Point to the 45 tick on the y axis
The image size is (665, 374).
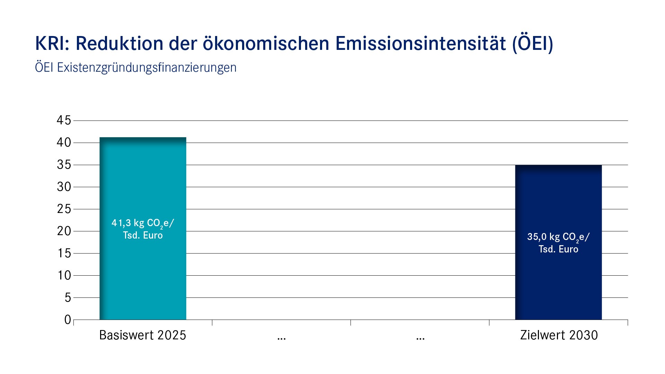click(64, 121)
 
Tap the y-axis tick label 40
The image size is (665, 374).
click(64, 143)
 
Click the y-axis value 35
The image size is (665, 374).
click(64, 165)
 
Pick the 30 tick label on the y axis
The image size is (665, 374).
click(64, 187)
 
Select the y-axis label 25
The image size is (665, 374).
click(64, 209)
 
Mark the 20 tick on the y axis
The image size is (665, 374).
click(64, 231)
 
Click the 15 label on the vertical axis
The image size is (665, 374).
click(64, 253)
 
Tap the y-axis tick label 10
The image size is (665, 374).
click(64, 275)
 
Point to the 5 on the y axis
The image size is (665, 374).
click(68, 297)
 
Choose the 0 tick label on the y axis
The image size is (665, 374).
click(68, 320)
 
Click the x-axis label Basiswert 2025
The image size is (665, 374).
click(143, 335)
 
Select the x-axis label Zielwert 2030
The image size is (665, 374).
click(559, 335)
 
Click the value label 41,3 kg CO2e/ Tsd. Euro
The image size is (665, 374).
click(143, 229)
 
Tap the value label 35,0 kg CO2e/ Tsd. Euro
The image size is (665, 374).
click(558, 243)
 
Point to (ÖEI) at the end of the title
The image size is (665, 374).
click(532, 44)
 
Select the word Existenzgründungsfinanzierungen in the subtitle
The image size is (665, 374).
click(147, 68)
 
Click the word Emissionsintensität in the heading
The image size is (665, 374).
click(420, 44)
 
